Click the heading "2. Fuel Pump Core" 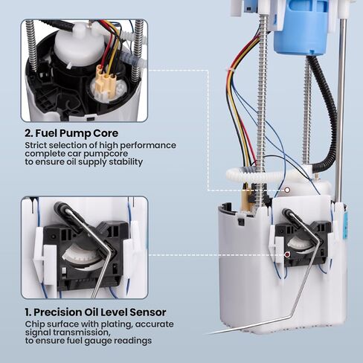point(71,133)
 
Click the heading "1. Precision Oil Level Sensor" point(95,312)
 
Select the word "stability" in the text point(126,162)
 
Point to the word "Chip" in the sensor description point(33,324)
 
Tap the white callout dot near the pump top point(287,190)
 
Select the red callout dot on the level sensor point(287,254)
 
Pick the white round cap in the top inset point(79,44)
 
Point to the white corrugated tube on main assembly point(258,173)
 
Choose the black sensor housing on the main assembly point(303,244)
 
